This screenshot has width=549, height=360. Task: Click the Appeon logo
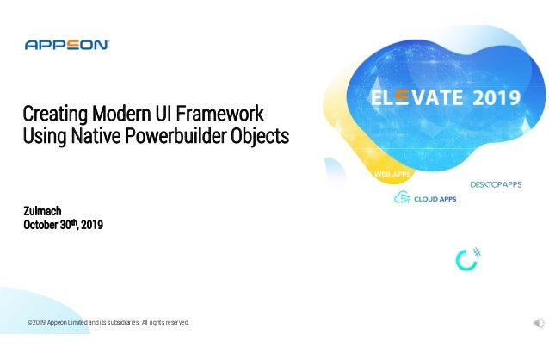[66, 45]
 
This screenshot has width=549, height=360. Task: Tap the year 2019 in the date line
[90, 226]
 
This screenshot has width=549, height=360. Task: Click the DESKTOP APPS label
[496, 185]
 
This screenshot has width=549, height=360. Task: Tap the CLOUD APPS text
[435, 199]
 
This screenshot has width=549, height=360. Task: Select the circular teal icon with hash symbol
[467, 258]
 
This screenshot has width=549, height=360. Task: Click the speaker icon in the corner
[539, 322]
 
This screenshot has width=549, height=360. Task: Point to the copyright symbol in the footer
[29, 322]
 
